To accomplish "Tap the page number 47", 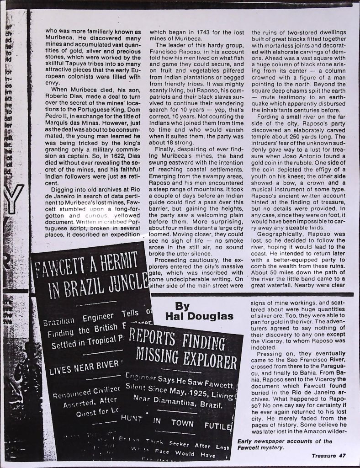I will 341,455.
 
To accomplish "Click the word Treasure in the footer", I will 323,455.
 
